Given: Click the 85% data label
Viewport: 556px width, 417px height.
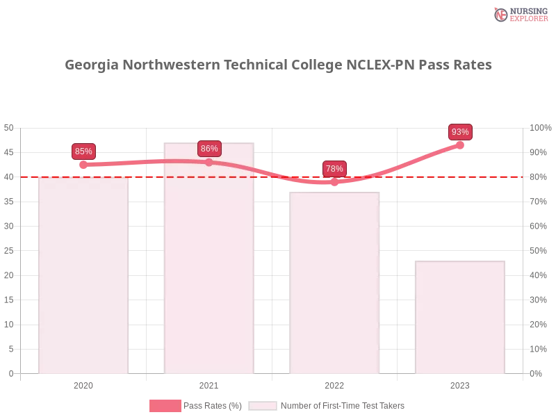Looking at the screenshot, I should click(x=83, y=151).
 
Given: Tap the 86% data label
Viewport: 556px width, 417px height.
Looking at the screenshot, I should click(x=209, y=148).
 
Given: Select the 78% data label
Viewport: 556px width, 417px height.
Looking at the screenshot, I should click(x=334, y=168).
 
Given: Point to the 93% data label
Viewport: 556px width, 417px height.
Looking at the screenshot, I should click(x=460, y=131).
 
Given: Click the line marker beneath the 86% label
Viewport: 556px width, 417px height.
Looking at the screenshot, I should click(x=209, y=162).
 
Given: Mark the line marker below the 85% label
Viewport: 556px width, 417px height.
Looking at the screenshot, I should click(x=83, y=165).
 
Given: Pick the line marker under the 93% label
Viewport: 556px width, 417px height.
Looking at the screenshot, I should click(x=459, y=145).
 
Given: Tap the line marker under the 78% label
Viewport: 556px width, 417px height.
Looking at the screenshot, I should click(x=334, y=181).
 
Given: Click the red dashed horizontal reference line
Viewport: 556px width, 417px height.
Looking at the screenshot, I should click(x=278, y=177).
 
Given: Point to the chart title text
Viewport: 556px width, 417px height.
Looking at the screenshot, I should click(x=278, y=66).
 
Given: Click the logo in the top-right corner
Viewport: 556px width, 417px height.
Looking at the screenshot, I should click(x=519, y=14).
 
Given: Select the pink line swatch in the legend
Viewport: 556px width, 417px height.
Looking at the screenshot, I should click(x=165, y=406).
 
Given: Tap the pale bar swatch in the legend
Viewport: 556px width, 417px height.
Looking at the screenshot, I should click(x=263, y=406).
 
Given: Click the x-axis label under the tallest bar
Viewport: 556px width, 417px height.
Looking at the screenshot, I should click(x=208, y=384).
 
